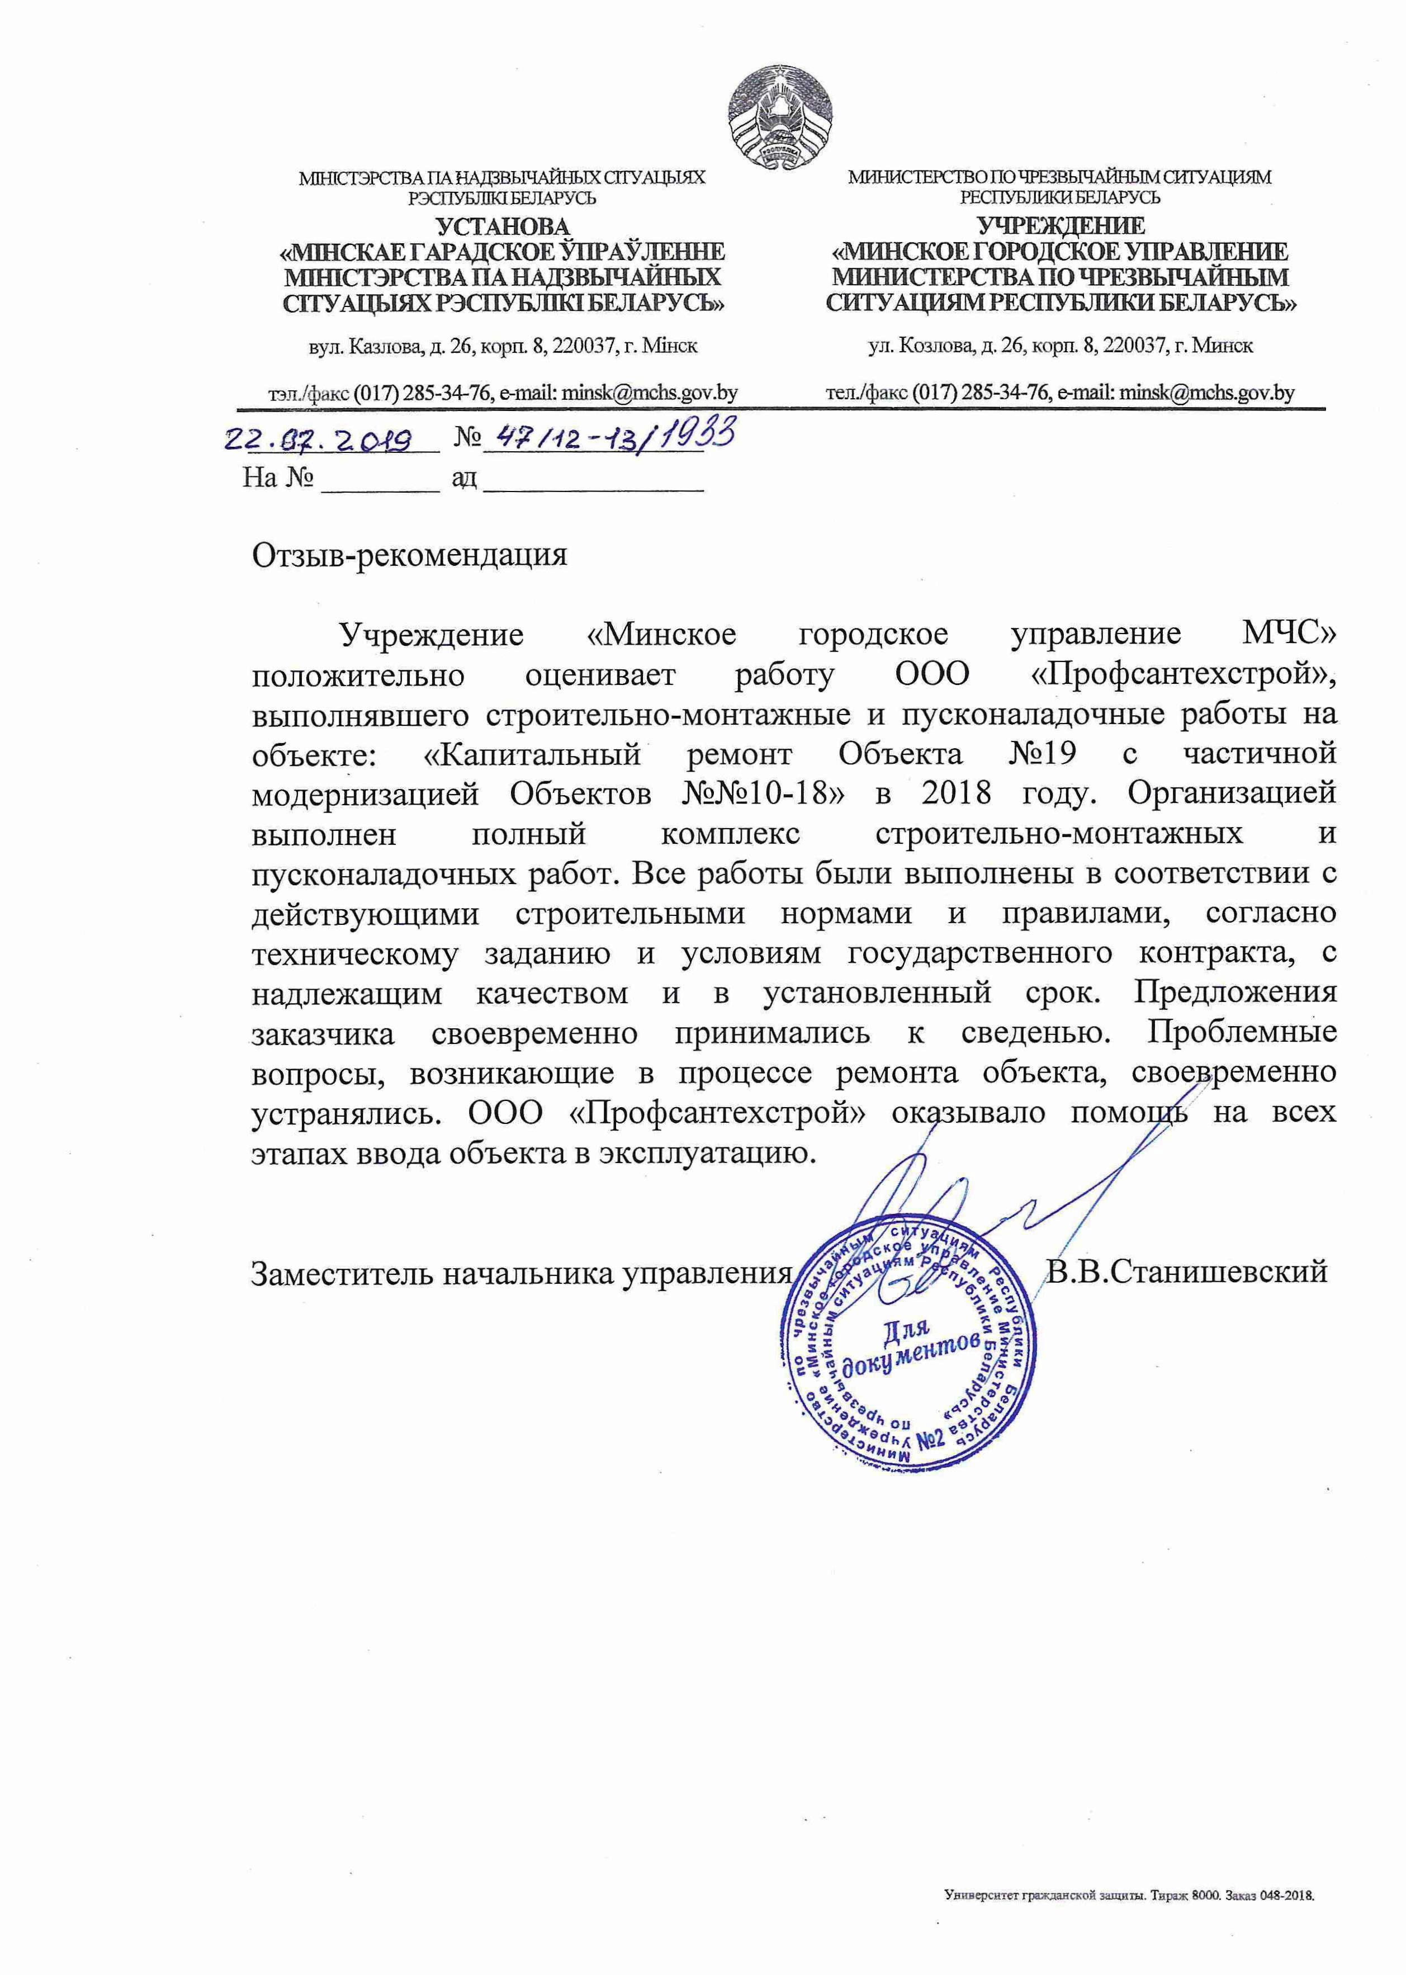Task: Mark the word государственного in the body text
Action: [x=979, y=953]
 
